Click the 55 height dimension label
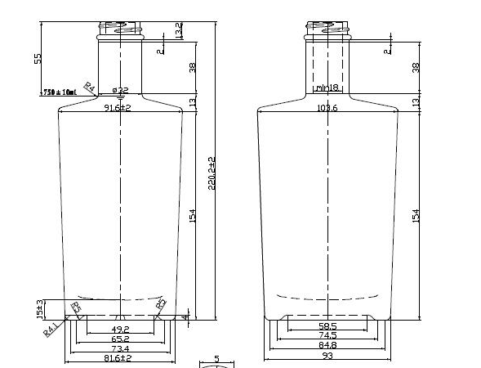point(38,59)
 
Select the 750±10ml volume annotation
point(59,92)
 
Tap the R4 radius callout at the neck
point(91,88)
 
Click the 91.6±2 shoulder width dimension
point(119,107)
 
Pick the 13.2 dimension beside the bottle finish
point(179,30)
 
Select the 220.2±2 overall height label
point(213,174)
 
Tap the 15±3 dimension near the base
point(38,308)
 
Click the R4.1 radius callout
point(50,331)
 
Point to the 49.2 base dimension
point(120,330)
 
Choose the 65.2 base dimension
point(120,339)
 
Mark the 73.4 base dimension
point(120,349)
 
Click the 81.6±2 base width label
point(120,359)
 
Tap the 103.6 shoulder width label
point(327,107)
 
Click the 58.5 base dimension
point(327,326)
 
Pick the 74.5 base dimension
point(327,335)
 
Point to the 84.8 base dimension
point(327,345)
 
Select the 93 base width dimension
point(327,356)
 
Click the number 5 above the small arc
point(216,358)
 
